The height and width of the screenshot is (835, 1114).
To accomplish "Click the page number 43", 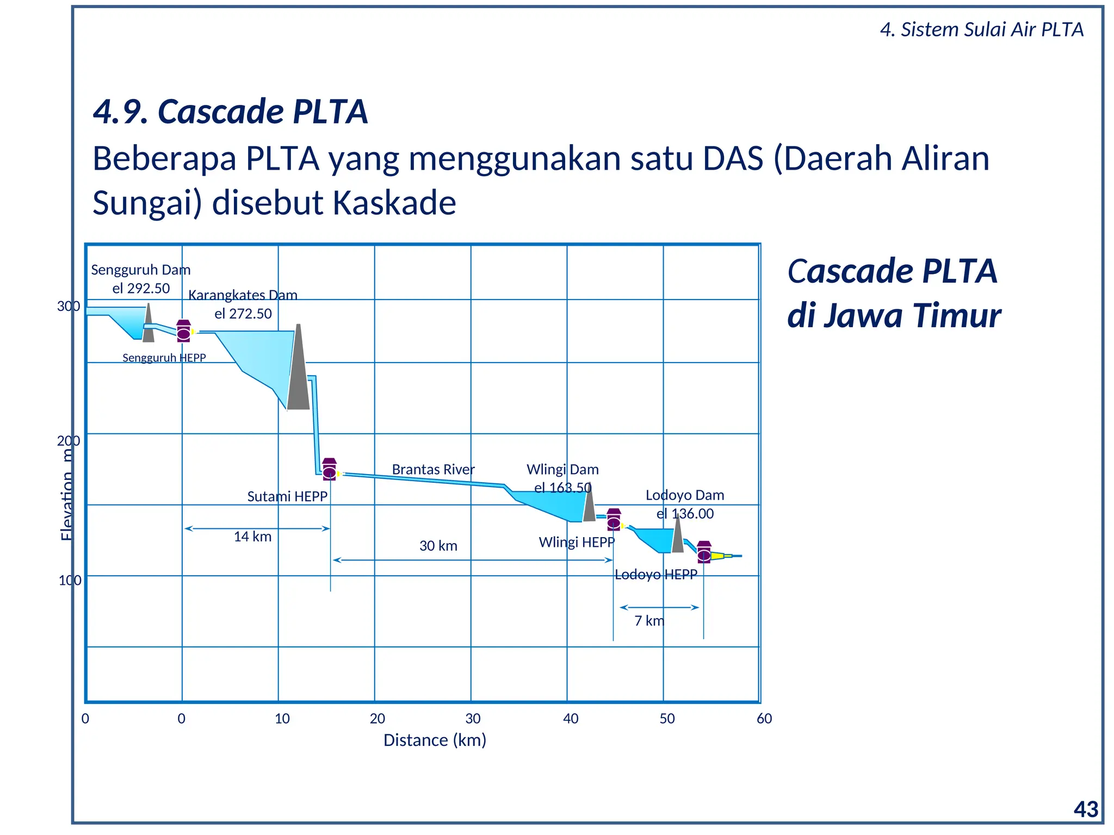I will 1086,809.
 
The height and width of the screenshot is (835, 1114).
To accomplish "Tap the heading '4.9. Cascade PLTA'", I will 230,111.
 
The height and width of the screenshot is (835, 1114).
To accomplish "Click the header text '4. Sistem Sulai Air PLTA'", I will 981,29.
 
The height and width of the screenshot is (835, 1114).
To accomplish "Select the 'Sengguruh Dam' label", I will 140,270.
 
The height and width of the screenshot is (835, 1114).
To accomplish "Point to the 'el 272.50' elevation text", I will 243,314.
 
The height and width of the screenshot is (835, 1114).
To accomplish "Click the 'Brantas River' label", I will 433,469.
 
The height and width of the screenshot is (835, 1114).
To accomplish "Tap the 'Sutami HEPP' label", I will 287,496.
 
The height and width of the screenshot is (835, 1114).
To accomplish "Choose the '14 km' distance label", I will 252,537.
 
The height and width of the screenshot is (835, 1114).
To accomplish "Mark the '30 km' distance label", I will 438,546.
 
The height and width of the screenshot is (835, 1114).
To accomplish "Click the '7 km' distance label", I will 649,621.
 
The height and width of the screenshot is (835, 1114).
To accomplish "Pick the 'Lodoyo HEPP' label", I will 655,575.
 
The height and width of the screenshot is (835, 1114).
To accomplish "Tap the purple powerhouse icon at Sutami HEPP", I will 329,469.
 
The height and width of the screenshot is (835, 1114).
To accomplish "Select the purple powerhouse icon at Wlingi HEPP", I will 614,520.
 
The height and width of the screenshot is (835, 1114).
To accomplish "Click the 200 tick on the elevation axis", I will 68,441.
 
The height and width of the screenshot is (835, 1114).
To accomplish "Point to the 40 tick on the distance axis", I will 571,719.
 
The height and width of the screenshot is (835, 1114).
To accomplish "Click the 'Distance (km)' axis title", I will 435,740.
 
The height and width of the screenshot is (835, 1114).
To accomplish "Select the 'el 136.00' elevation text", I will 684,514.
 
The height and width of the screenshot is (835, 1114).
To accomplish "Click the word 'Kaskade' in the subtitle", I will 394,203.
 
